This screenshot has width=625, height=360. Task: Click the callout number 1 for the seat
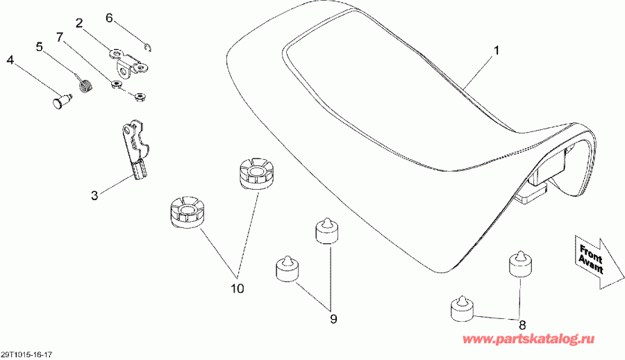click(x=497, y=51)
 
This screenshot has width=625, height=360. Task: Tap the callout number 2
click(x=80, y=23)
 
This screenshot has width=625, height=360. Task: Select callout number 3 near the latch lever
click(x=94, y=195)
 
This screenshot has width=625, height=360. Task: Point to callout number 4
click(x=10, y=60)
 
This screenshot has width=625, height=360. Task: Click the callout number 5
click(x=39, y=47)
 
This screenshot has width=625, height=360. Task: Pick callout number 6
click(x=109, y=18)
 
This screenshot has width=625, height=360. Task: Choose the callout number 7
click(x=60, y=37)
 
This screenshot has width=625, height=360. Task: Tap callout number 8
click(x=522, y=324)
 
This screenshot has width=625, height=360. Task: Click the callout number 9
click(x=333, y=319)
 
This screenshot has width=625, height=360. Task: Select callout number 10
click(x=237, y=288)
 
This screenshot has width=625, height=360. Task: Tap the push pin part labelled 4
click(x=62, y=101)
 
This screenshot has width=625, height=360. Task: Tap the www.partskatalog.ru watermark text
click(x=528, y=339)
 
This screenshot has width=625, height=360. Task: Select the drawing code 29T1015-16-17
click(x=26, y=354)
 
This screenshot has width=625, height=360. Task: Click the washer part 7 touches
click(x=117, y=85)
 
